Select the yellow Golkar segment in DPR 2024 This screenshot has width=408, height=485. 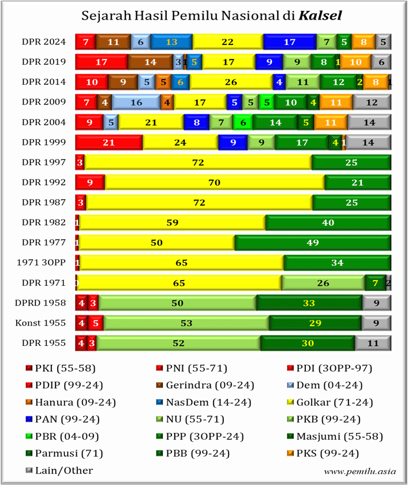(227, 42)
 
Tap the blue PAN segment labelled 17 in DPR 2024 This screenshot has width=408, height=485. (290, 42)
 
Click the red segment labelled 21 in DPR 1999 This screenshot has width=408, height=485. (108, 142)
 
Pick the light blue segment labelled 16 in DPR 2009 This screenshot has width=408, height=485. (136, 102)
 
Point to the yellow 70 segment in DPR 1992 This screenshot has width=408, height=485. (215, 182)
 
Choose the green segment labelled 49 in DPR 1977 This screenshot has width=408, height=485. (313, 243)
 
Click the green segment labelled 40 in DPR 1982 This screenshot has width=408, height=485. (328, 223)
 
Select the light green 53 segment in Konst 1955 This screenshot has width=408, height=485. (186, 323)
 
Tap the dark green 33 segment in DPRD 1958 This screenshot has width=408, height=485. (309, 303)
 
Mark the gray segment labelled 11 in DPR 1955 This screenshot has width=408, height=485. (373, 344)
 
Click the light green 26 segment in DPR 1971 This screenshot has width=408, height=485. (323, 283)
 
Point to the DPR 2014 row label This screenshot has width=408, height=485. (44, 82)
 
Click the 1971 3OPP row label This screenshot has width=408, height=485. (41, 263)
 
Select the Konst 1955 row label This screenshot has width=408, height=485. (41, 323)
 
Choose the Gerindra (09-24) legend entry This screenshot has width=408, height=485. (193, 385)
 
